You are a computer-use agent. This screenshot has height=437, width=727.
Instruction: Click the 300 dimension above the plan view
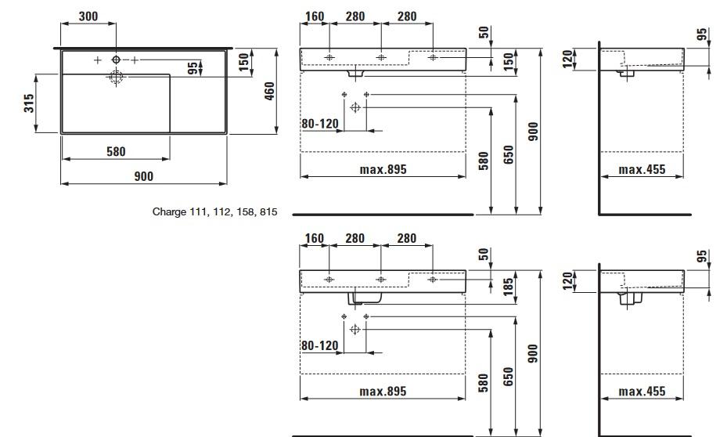coord(88,16)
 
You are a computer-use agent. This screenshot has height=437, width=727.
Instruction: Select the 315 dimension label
coord(28,103)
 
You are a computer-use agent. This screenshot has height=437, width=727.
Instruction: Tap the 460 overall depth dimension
coord(268,92)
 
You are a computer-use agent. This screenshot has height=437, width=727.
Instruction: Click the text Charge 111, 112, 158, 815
coord(215,211)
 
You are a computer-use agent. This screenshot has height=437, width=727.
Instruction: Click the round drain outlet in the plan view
coord(116,77)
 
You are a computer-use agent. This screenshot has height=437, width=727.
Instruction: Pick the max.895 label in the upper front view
coord(383,169)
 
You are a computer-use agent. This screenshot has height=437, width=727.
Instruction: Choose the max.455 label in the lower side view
coord(642,391)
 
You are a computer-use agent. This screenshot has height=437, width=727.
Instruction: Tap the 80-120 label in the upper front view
coord(319,123)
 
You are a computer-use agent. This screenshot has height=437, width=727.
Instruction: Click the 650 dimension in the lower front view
coord(509,376)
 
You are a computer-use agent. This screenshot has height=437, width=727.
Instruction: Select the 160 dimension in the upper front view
coord(315,16)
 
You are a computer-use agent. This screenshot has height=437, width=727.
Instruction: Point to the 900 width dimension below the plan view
coord(143,176)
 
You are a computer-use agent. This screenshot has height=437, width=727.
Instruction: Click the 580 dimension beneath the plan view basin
coord(116,151)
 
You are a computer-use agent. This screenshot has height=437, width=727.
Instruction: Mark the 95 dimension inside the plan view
coord(193,68)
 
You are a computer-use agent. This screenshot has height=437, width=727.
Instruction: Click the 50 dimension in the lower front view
coord(484,255)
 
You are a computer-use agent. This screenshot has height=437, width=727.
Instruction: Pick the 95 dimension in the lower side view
coord(702,256)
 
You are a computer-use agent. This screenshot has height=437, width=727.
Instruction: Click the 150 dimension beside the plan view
coord(243,60)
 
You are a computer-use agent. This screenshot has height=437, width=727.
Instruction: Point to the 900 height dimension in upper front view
coord(534,130)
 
